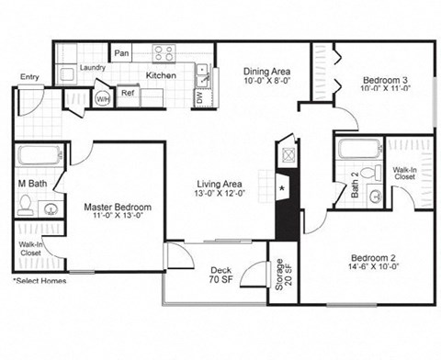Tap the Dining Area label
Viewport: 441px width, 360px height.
(268, 70)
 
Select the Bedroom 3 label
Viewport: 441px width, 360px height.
(384, 80)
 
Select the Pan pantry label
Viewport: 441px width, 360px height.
(121, 54)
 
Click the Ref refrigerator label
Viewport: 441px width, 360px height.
(128, 92)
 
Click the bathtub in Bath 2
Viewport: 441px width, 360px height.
(358, 149)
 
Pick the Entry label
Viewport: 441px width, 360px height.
(29, 77)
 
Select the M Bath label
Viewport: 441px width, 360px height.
(34, 183)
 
